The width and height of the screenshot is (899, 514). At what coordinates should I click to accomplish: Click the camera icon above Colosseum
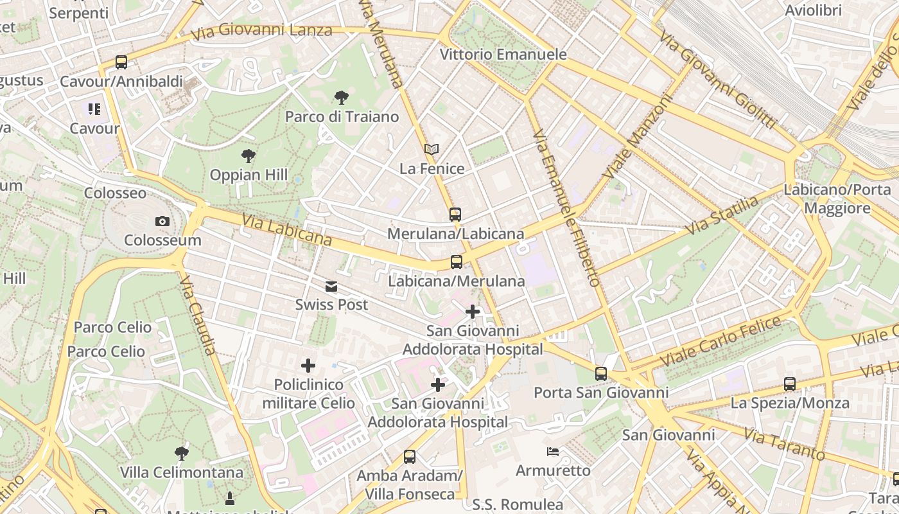pos(162,222)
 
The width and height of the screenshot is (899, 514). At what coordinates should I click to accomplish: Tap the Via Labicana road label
pos(287,230)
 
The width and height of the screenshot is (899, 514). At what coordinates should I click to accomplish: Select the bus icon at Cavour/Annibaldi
pos(121,62)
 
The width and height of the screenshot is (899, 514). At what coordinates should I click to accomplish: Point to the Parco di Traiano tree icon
pos(342,98)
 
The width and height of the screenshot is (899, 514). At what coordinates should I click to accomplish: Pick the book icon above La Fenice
pos(432,150)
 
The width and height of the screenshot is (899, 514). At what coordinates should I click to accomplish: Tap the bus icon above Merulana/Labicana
pos(455,215)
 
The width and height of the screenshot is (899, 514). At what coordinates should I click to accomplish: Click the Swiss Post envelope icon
pos(331,287)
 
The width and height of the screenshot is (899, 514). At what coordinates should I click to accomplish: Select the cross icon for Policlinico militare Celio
pos(308,366)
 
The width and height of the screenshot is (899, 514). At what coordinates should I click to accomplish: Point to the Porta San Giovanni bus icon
pos(601,373)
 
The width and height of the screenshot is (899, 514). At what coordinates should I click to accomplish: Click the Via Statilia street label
pos(722,216)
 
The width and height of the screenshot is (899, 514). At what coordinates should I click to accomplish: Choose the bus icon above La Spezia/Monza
pos(790,384)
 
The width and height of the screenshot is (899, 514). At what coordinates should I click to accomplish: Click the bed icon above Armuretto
pos(553,452)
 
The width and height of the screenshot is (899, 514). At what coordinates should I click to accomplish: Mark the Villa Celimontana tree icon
pos(182,453)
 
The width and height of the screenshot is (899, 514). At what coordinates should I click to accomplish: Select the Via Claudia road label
pos(198,315)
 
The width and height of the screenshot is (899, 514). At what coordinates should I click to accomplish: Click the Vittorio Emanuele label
pos(503,55)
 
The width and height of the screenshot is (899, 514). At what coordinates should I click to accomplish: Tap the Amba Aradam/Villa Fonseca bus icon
pos(410,457)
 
